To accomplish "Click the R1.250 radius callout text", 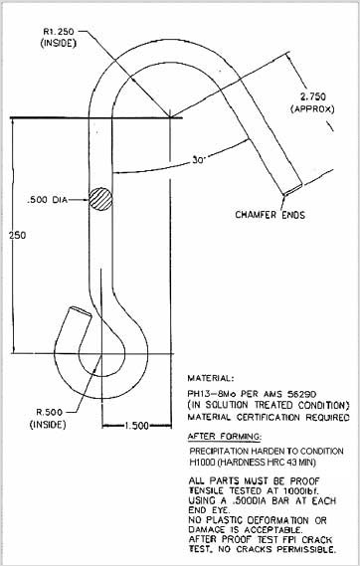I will pyautogui.click(x=59, y=32).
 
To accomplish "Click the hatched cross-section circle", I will pyautogui.click(x=99, y=198).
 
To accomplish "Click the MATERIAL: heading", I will pyautogui.click(x=211, y=379).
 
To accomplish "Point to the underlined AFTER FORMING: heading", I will pyautogui.click(x=223, y=436).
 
